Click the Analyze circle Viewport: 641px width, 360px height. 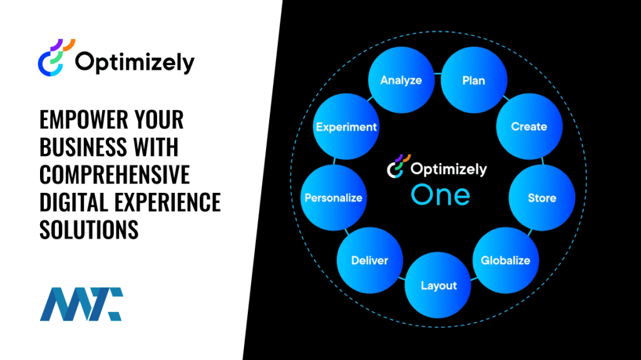(401, 80)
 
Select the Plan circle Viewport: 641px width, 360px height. (473, 80)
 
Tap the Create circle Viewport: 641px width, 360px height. (528, 126)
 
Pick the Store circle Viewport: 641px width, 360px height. (541, 198)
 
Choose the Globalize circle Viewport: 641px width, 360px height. (505, 260)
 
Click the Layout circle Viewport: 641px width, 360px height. (438, 285)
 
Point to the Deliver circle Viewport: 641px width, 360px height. (369, 260)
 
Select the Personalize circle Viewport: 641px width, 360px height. (333, 198)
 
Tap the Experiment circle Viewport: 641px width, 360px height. (346, 126)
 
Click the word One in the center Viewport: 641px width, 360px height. (440, 195)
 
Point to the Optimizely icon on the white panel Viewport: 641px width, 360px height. (56, 58)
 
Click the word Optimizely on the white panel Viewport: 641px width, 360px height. (135, 63)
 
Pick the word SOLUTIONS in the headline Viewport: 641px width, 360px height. (89, 230)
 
